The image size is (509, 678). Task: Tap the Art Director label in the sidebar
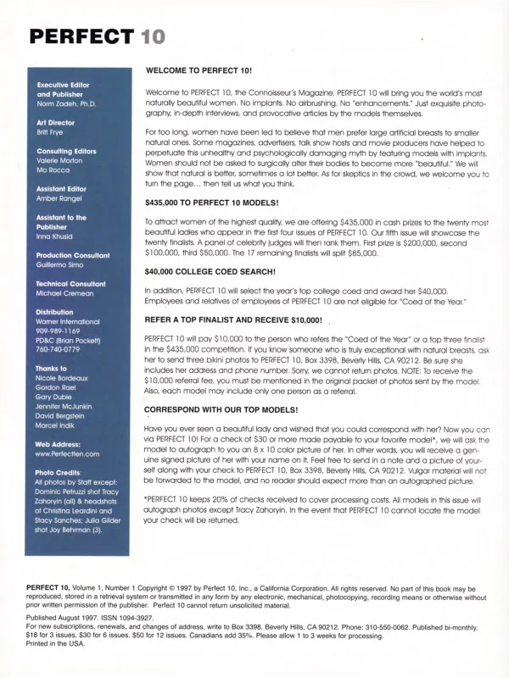(x=57, y=123)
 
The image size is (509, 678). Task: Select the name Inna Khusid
(x=58, y=237)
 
